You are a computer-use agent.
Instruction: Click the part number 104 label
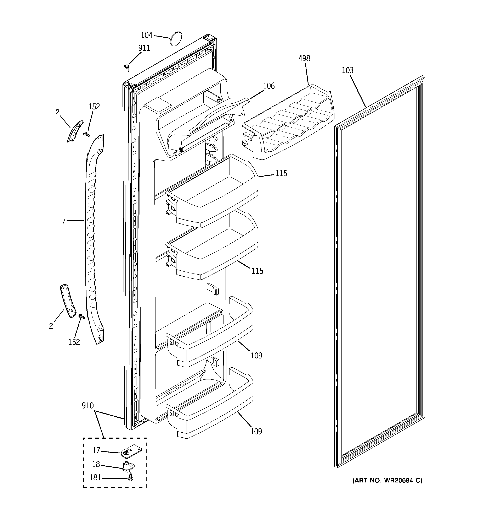[146, 35]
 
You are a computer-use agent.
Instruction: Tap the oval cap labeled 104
[176, 39]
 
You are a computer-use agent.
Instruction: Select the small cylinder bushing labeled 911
[126, 69]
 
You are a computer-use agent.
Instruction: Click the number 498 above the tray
[304, 58]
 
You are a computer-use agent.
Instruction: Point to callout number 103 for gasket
[347, 70]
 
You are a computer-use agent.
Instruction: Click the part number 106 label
[269, 86]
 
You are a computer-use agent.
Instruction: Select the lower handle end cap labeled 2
[68, 301]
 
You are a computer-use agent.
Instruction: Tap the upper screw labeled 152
[86, 134]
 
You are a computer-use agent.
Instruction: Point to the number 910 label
[88, 406]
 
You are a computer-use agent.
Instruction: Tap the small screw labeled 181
[131, 478]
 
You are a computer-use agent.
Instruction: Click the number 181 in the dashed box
[95, 477]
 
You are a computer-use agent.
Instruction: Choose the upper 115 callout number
[281, 173]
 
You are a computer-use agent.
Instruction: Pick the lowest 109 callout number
[256, 431]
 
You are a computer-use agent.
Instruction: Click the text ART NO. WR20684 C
[387, 480]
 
